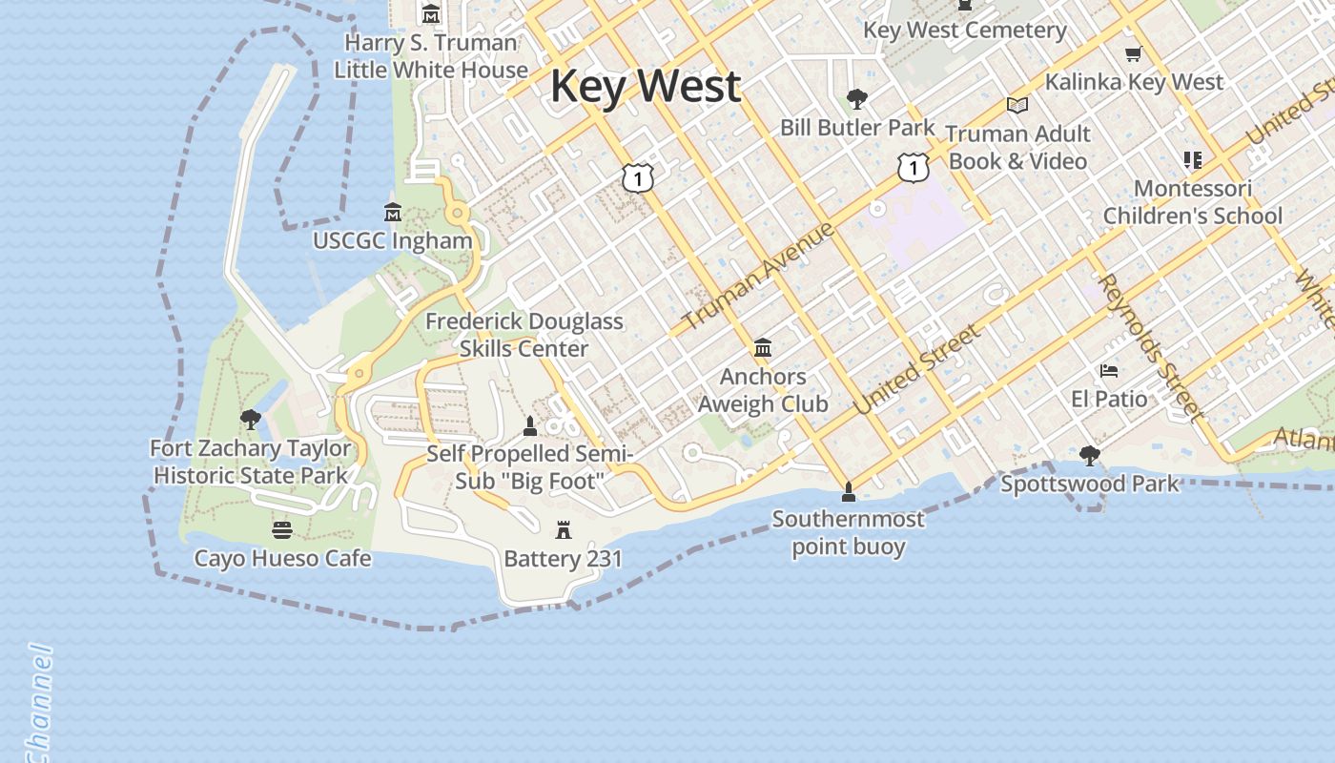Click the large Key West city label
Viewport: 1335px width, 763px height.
(645, 86)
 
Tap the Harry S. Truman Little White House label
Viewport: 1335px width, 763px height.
(431, 56)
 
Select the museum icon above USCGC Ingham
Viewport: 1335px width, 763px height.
(392, 211)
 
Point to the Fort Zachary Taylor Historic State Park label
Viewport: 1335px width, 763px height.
(251, 462)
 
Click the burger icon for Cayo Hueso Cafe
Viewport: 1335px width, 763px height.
(281, 528)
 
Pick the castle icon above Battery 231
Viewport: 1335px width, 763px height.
(564, 529)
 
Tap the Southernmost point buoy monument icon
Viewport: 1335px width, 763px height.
(848, 492)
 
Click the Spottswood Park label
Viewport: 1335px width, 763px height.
(1090, 484)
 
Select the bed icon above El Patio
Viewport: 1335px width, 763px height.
(1108, 370)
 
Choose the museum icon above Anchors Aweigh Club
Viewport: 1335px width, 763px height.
(763, 348)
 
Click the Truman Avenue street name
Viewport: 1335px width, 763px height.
(759, 276)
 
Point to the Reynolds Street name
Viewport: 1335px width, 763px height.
(1149, 347)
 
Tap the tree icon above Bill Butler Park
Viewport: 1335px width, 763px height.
(857, 98)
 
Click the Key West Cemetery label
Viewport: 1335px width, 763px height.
(965, 31)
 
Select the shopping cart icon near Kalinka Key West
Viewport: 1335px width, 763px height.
(1133, 54)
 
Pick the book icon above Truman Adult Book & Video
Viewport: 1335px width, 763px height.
(1017, 105)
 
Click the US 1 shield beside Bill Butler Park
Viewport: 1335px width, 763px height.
(914, 168)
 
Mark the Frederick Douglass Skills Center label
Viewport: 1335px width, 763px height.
(524, 335)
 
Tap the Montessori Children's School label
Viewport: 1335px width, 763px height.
(1192, 202)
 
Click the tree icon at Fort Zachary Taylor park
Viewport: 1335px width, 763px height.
(251, 419)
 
